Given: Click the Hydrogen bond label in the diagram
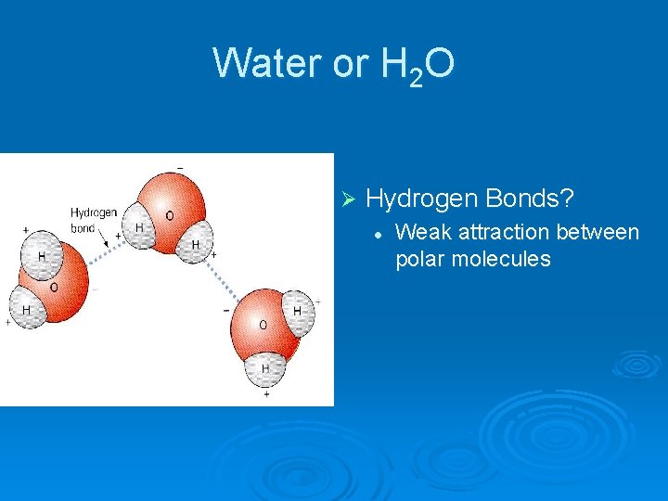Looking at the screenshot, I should (94, 220).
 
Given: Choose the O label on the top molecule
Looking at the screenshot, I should (169, 215).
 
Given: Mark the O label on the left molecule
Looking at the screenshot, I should (53, 288).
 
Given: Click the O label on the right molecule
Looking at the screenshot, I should (263, 325).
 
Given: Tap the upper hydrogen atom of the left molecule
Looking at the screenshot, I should (41, 256).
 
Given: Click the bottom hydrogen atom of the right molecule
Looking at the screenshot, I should (266, 369).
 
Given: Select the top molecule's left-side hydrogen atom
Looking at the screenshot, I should (140, 228).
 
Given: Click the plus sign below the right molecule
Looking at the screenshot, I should (266, 394).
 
